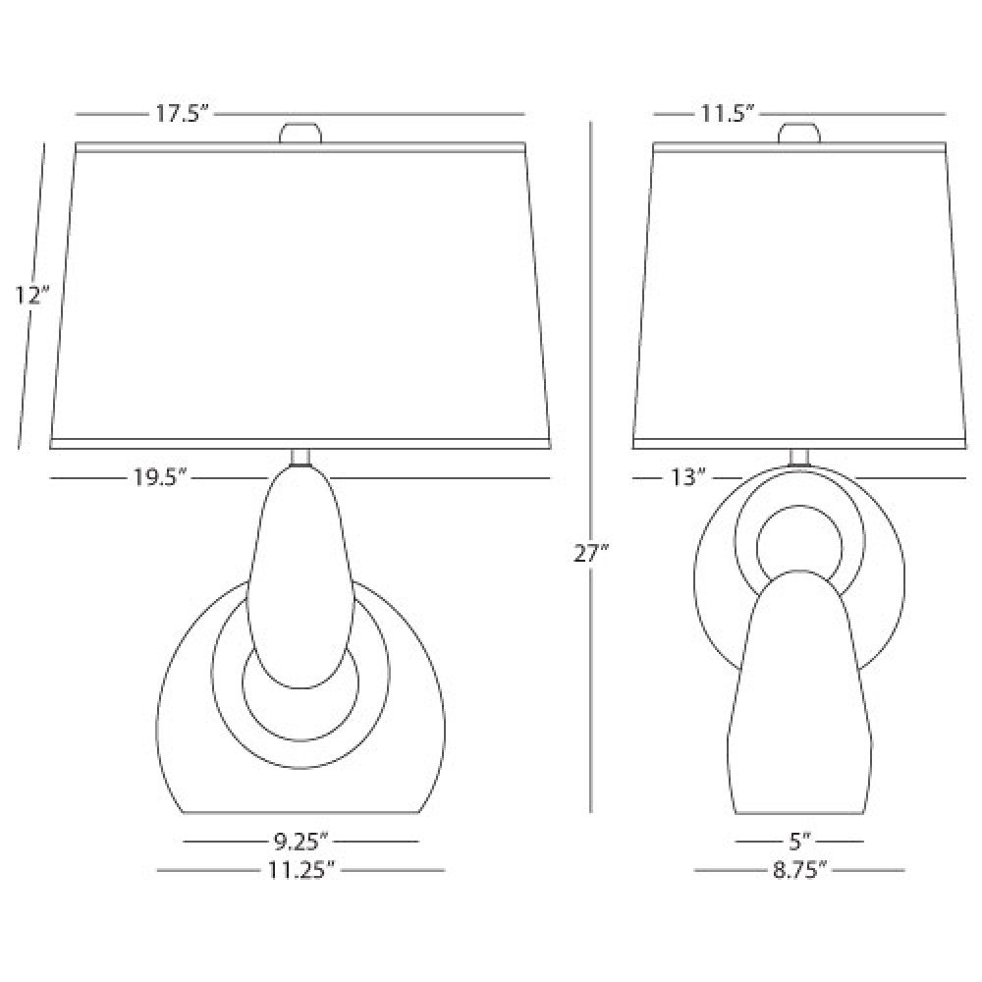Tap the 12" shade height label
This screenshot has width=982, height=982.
[x=32, y=295]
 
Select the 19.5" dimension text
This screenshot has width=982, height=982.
[x=160, y=478]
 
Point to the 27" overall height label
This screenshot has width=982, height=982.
[x=591, y=553]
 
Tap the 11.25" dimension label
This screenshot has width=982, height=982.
[x=300, y=870]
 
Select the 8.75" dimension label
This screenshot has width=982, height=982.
[x=799, y=870]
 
